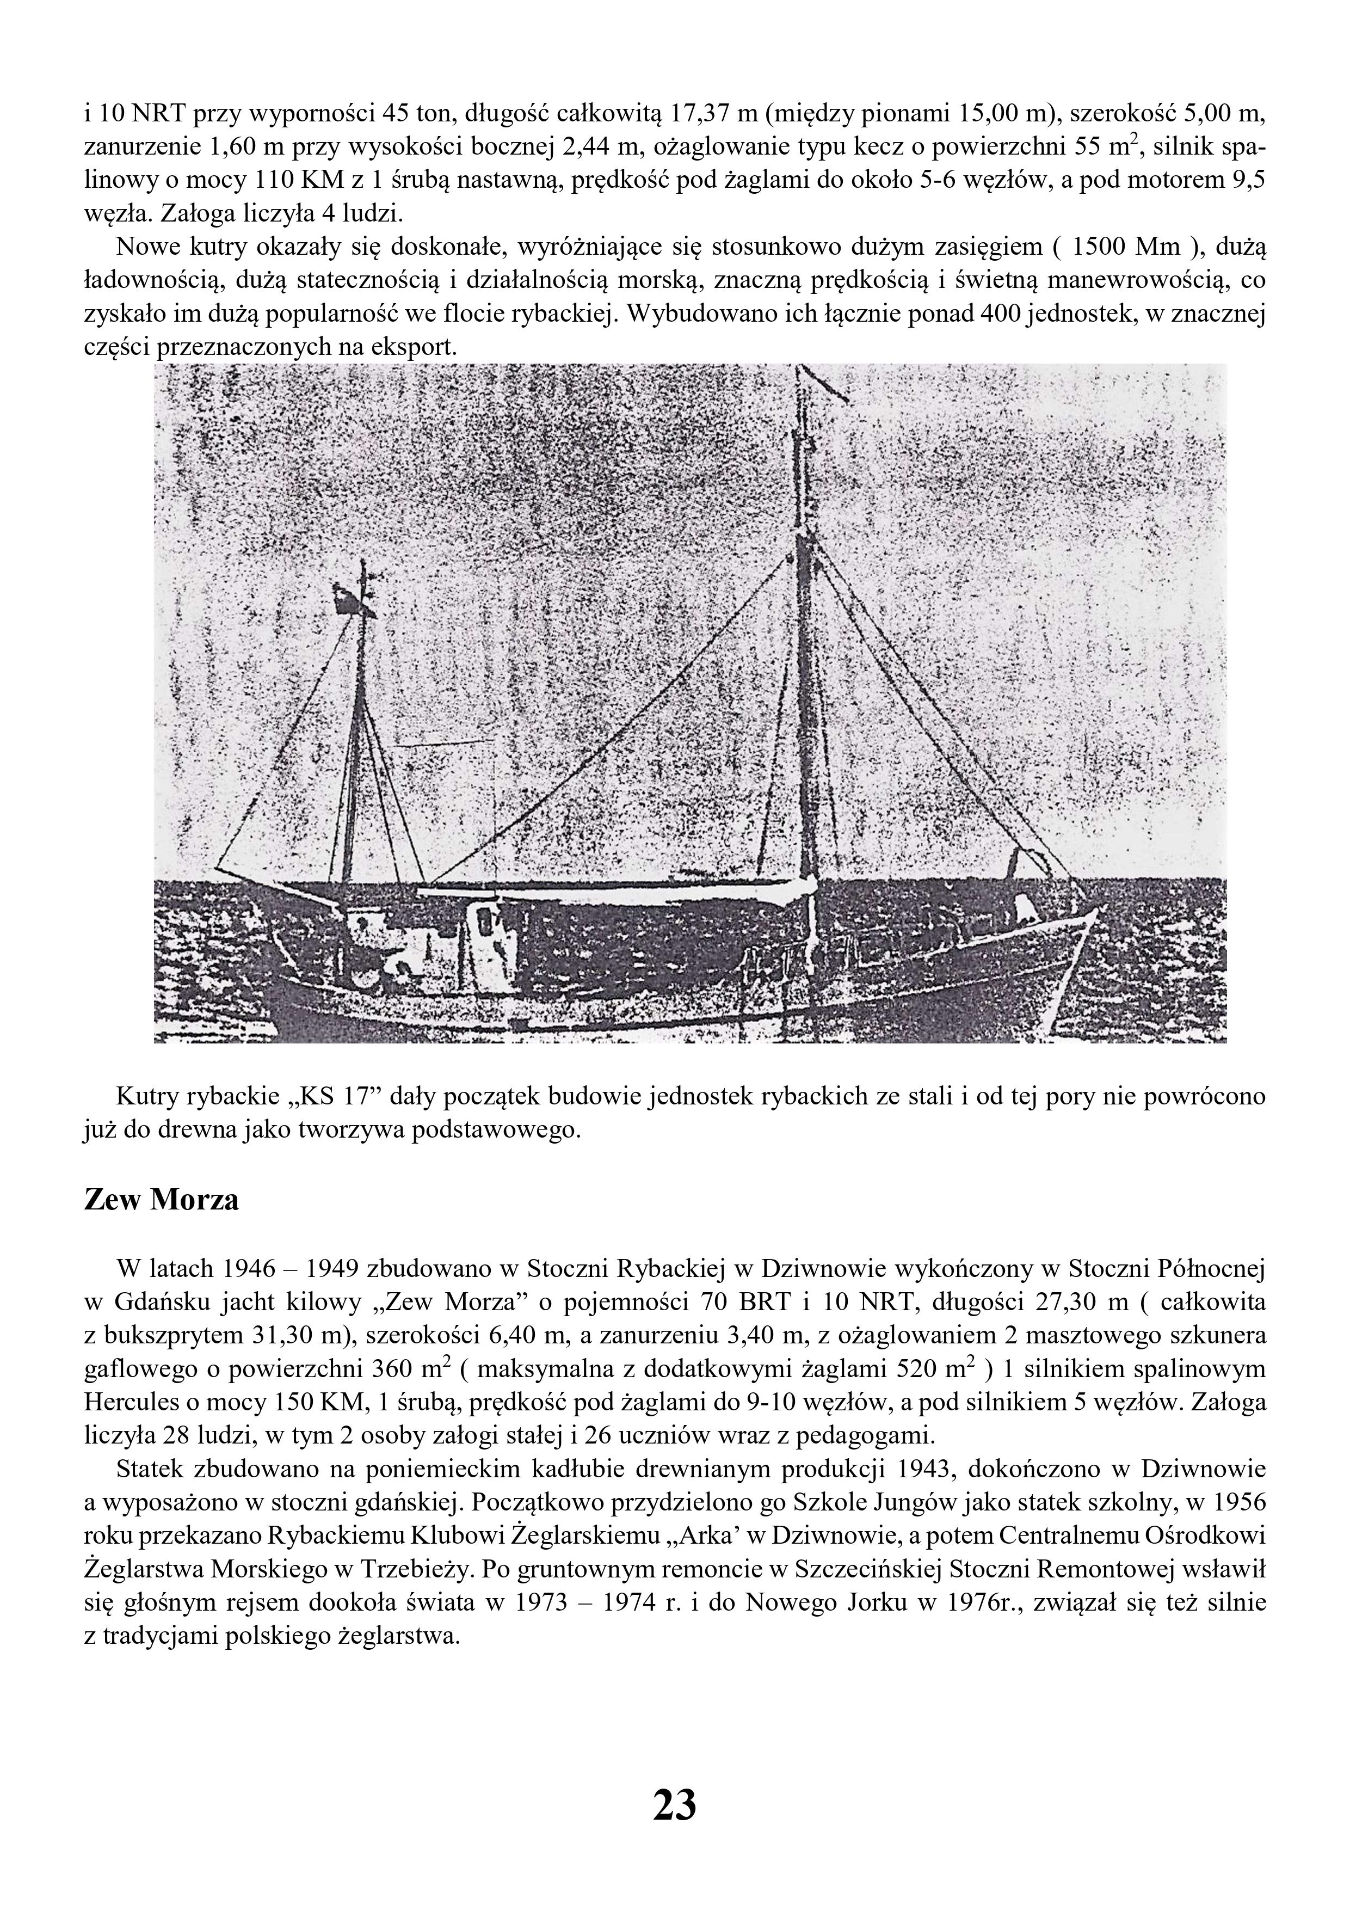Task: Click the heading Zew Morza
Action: coord(162,1200)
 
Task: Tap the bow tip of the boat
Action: coord(1098,909)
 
